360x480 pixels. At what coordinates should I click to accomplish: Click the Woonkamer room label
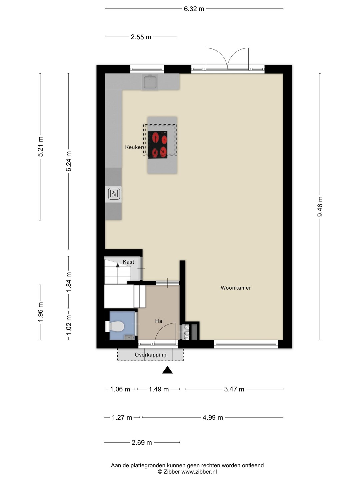pos(236,288)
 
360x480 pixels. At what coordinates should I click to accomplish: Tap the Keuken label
pos(134,147)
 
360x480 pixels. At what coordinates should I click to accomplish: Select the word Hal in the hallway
pos(159,321)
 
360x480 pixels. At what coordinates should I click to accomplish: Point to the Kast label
pos(128,262)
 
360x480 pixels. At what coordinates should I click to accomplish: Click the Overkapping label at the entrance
pos(151,355)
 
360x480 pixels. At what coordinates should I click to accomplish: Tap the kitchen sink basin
pos(150,82)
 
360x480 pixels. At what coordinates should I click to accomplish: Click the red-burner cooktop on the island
pos(158,145)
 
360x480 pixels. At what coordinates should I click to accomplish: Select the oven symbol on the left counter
pos(114,194)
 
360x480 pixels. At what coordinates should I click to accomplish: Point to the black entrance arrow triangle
pos(167,370)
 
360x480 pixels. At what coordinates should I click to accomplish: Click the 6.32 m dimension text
pos(194,9)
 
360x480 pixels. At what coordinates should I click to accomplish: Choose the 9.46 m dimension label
pos(320,206)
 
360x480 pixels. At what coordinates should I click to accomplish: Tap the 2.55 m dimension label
pos(141,37)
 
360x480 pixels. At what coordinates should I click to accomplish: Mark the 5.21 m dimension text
pos(40,147)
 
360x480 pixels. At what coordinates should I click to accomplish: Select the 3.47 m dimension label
pos(234,389)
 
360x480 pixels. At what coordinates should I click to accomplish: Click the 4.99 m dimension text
pos(213,417)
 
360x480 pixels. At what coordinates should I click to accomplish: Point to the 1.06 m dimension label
pos(120,389)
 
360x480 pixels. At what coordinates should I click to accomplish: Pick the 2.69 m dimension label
pos(142,443)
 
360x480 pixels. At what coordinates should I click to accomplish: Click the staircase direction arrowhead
pos(118,265)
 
